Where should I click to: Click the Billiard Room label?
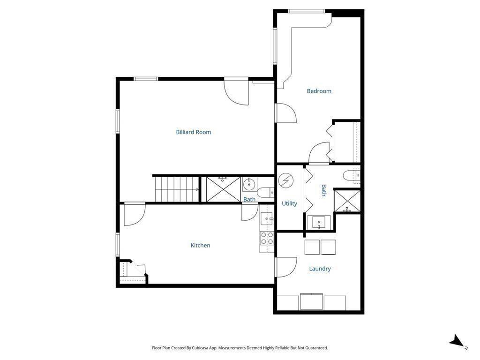194,132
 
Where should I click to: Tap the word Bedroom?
319,91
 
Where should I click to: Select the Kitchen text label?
200,245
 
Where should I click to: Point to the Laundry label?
320,269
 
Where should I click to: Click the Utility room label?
289,203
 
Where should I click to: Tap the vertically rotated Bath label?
323,190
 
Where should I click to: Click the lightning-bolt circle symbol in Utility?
285,181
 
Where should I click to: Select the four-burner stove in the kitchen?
267,238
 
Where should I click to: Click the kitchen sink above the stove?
267,218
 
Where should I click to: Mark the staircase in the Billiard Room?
176,189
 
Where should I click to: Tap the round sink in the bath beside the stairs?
249,184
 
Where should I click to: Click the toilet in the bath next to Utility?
352,176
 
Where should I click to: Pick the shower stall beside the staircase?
223,189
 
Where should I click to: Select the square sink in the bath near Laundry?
321,222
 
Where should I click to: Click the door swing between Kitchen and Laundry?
285,267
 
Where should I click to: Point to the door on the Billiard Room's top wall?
236,91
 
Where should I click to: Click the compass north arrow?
457,342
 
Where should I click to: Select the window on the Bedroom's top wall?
306,11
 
